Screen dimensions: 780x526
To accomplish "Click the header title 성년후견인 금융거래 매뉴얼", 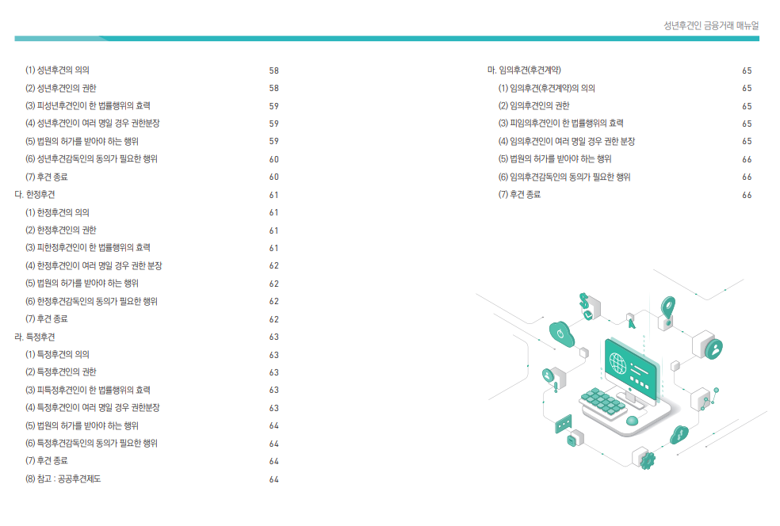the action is [x=711, y=25].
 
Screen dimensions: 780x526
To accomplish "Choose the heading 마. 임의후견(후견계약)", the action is [x=525, y=70].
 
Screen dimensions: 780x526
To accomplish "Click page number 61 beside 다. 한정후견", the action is [x=273, y=195].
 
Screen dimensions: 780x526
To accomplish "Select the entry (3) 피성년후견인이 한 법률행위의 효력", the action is [x=88, y=105].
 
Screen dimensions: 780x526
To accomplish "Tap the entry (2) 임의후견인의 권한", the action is [x=533, y=105].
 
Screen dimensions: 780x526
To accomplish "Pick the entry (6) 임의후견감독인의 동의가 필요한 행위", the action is [x=564, y=177].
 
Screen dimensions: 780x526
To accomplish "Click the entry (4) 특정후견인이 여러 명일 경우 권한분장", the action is [x=93, y=407].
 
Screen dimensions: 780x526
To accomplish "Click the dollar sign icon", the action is [x=584, y=300].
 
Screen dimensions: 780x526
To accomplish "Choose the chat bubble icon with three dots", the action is [x=564, y=424].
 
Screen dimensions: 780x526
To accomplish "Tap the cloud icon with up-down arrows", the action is [x=679, y=434].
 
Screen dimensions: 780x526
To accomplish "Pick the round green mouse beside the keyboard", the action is [x=632, y=420].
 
